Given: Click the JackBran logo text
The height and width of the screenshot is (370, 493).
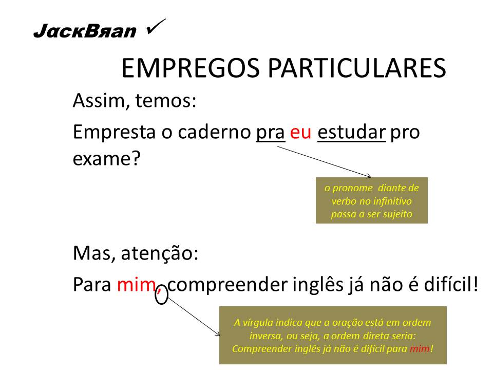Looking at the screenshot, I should pyautogui.click(x=85, y=32).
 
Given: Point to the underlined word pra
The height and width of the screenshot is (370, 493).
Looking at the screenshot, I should pyautogui.click(x=271, y=132).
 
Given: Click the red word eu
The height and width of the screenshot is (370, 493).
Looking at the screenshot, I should pyautogui.click(x=301, y=132).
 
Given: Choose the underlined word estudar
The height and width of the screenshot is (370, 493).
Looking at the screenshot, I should pyautogui.click(x=352, y=132).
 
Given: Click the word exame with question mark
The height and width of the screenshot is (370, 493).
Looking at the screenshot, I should pyautogui.click(x=106, y=158).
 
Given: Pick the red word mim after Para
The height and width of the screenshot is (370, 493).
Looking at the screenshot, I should pyautogui.click(x=135, y=284).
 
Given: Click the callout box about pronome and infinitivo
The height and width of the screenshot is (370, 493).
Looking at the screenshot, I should pyautogui.click(x=371, y=200).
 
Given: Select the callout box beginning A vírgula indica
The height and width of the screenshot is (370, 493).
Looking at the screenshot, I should pyautogui.click(x=333, y=335).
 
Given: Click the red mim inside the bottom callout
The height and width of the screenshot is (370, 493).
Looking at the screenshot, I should pyautogui.click(x=420, y=348).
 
